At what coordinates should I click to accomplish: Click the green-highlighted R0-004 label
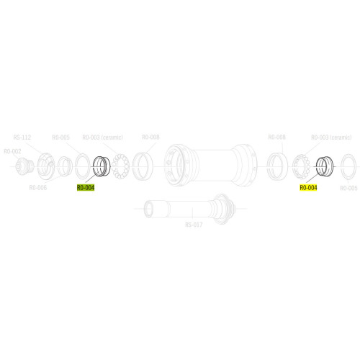86,188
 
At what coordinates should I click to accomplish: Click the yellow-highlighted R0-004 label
308,188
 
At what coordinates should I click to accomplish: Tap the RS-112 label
22,138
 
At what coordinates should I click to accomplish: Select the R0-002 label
12,151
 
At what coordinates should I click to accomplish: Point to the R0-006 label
38,188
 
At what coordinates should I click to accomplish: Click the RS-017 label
194,224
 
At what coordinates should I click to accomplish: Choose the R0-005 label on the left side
60,138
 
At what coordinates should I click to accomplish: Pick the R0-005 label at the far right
348,188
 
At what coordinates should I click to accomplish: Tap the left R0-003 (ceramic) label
103,138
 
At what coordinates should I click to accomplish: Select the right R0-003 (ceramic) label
331,138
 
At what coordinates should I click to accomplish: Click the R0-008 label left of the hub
150,138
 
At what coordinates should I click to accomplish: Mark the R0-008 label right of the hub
276,138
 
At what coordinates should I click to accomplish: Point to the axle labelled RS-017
187,208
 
